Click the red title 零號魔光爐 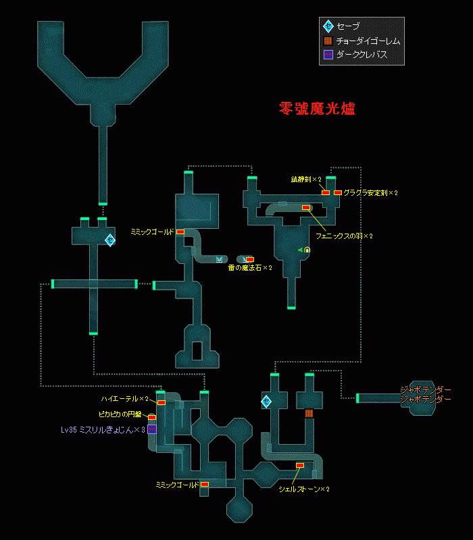(317, 108)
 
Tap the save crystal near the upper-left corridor (109, 240)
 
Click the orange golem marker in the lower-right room (309, 413)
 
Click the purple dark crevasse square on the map (152, 429)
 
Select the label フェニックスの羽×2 (344, 236)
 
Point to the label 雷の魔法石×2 (250, 268)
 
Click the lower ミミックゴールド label (177, 485)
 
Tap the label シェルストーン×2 (303, 489)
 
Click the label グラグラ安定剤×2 (370, 193)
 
